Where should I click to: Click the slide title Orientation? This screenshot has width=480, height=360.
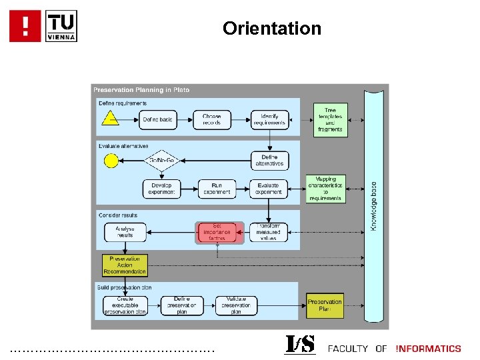(272, 29)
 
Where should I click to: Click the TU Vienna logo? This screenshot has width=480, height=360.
(62, 26)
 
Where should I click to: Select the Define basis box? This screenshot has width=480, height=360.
(157, 120)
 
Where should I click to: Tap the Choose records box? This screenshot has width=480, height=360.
(212, 120)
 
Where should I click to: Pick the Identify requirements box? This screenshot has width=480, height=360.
(269, 120)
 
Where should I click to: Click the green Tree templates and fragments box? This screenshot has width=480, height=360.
(330, 120)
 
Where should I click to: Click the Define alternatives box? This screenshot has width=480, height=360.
(269, 161)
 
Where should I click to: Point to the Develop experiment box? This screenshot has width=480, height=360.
(161, 189)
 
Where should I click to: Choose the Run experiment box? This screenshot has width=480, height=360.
(217, 189)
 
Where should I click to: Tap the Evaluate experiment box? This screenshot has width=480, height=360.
(269, 189)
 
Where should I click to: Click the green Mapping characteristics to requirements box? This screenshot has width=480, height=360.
(325, 189)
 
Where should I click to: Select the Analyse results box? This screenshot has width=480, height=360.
(125, 232)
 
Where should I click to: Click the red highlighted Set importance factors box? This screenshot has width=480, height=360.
(217, 233)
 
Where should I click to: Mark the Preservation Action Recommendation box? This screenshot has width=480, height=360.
(125, 265)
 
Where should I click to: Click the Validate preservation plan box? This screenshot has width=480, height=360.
(236, 305)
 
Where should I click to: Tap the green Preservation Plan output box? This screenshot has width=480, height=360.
(325, 305)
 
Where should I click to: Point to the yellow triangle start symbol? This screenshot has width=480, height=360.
(109, 119)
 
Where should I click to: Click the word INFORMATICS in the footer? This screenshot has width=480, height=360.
(428, 349)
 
